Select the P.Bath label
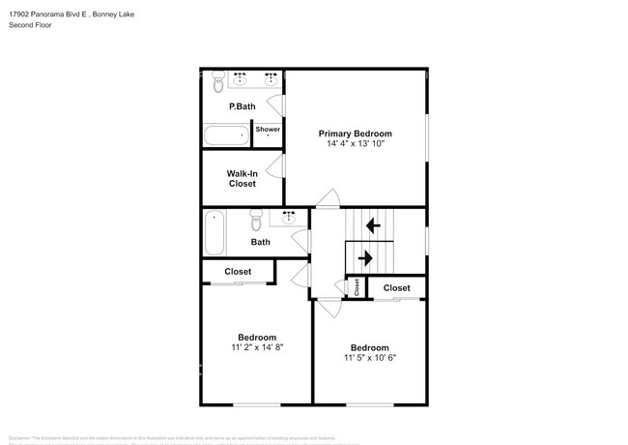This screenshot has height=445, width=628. click(x=240, y=106)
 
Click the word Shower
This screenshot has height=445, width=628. click(x=268, y=129)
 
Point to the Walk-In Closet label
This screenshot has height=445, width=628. click(x=242, y=178)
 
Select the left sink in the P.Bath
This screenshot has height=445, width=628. click(x=241, y=75)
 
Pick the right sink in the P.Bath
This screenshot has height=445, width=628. click(x=271, y=75)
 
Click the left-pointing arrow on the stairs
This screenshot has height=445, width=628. click(x=372, y=225)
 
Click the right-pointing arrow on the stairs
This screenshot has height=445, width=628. click(x=365, y=257)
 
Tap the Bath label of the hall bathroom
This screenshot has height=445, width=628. click(x=260, y=242)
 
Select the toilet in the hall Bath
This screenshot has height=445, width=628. click(x=256, y=216)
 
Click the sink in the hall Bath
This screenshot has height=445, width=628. click(x=288, y=218)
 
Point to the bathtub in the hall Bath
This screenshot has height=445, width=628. click(x=214, y=232)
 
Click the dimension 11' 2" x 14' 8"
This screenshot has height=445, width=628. click(x=256, y=346)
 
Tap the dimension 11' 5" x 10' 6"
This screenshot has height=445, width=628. click(x=370, y=357)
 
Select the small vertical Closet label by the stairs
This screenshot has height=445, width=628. click(x=357, y=286)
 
